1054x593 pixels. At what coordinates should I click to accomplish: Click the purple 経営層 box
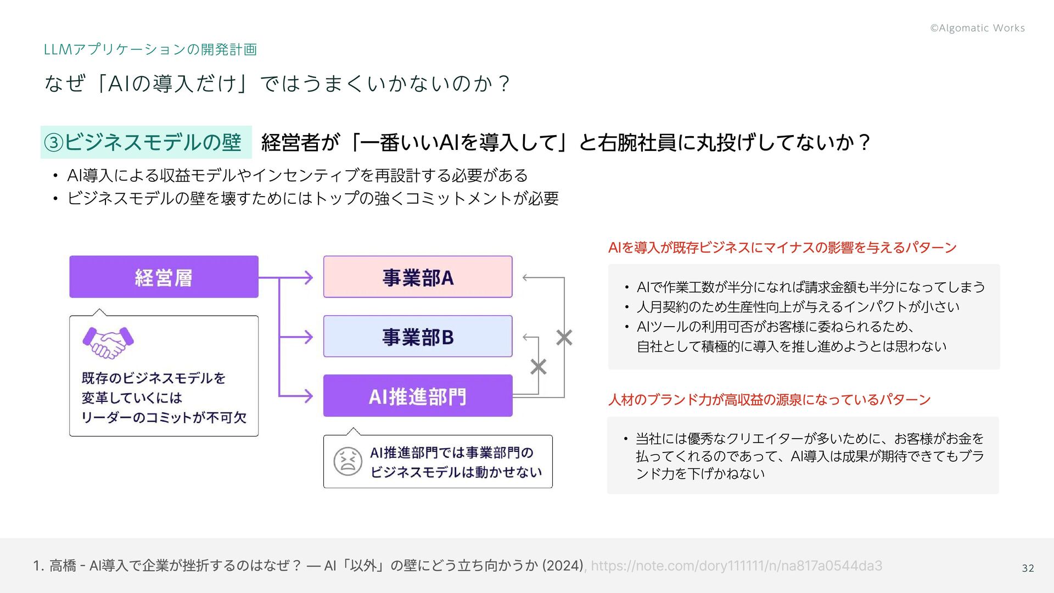pyautogui.click(x=164, y=277)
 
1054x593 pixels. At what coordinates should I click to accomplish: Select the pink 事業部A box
pyautogui.click(x=418, y=277)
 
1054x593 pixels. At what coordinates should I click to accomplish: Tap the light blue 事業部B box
pyautogui.click(x=418, y=336)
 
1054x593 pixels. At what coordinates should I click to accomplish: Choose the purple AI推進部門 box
pyautogui.click(x=418, y=396)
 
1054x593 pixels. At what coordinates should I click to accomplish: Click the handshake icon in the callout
pyautogui.click(x=108, y=343)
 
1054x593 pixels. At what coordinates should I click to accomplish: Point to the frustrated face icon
pyautogui.click(x=347, y=461)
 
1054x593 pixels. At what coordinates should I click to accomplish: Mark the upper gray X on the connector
pyautogui.click(x=564, y=338)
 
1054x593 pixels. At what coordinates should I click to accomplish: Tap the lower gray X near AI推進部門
pyautogui.click(x=538, y=367)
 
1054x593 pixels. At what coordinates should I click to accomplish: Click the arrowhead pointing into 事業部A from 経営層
pyautogui.click(x=309, y=277)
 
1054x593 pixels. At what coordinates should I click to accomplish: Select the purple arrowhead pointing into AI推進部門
pyautogui.click(x=309, y=396)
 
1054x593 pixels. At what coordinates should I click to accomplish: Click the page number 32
pyautogui.click(x=1028, y=568)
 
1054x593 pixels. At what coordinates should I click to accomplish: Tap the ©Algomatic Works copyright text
pyautogui.click(x=977, y=28)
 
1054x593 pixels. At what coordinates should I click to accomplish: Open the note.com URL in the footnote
pyautogui.click(x=736, y=566)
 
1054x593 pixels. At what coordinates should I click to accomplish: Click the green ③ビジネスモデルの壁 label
pyautogui.click(x=146, y=142)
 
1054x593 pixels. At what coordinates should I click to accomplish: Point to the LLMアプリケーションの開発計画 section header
pyautogui.click(x=150, y=49)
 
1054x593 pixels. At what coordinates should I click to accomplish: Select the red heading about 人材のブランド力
pyautogui.click(x=769, y=399)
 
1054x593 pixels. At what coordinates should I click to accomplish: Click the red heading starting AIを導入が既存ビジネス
pyautogui.click(x=782, y=248)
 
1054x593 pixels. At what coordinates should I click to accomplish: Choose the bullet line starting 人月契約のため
pyautogui.click(x=798, y=306)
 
